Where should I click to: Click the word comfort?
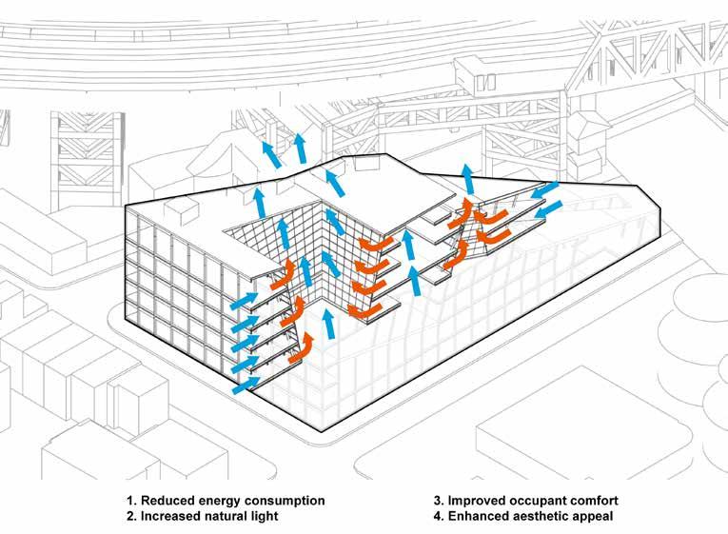pyautogui.click(x=601, y=500)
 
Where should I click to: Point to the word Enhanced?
pyautogui.click(x=479, y=516)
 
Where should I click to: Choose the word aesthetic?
pyautogui.click(x=547, y=516)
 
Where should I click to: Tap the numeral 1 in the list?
pyautogui.click(x=128, y=500)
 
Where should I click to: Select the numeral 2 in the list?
pyautogui.click(x=128, y=516)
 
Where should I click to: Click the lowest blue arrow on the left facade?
pyautogui.click(x=245, y=385)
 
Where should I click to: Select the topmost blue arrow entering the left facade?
pyautogui.click(x=245, y=303)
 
